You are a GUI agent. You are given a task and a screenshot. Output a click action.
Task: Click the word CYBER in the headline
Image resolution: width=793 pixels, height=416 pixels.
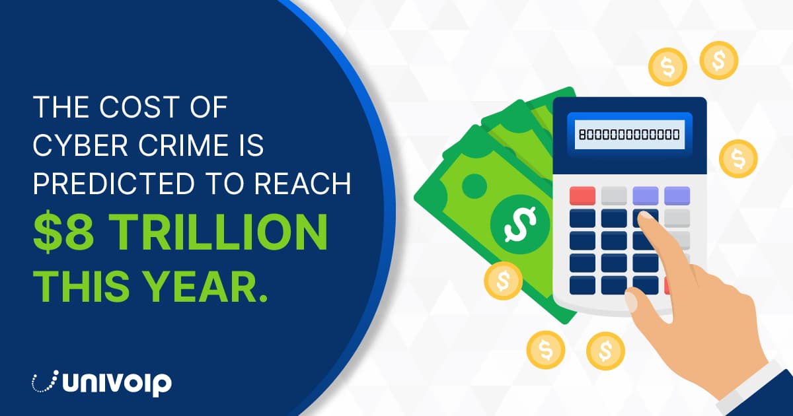[x=81, y=145]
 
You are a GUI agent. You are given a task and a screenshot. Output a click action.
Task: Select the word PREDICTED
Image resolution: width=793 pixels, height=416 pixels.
[x=114, y=184]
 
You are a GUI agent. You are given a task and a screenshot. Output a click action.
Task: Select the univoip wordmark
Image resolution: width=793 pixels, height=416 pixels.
[x=117, y=383]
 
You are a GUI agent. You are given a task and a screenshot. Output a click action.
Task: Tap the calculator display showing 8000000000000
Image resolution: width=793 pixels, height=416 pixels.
[x=629, y=135]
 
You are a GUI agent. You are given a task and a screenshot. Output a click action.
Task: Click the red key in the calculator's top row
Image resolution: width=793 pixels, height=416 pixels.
[x=582, y=196]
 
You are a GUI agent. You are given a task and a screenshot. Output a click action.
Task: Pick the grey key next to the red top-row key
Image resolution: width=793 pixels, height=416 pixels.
[x=614, y=196]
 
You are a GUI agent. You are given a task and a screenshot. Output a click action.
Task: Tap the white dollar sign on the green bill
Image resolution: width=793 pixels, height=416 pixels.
[x=520, y=224]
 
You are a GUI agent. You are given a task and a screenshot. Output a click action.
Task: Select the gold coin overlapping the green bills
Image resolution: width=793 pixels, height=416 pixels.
[x=503, y=281]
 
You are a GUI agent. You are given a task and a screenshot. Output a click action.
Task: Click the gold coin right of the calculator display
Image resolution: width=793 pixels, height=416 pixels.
[x=738, y=158]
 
